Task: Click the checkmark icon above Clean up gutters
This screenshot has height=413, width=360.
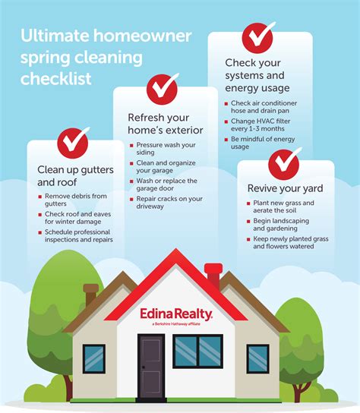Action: coord(72,143)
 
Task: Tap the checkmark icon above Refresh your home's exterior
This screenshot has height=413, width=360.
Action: coord(162,89)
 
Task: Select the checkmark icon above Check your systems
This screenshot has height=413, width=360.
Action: coord(257,38)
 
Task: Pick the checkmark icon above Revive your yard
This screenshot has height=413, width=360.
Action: coord(283,164)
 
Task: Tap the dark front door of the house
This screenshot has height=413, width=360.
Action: coord(151,366)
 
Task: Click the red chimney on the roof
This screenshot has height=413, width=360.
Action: coord(213,275)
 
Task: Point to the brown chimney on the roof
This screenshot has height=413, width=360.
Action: coord(90,295)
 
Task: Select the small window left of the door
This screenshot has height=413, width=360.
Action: coord(94,358)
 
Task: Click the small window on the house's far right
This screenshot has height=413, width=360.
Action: coord(257,358)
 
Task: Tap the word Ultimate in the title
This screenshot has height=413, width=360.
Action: coord(55,36)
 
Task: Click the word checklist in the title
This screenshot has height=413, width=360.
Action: coord(56,78)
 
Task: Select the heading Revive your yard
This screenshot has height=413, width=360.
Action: coord(285,188)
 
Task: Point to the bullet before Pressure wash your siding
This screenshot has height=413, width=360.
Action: coord(131,146)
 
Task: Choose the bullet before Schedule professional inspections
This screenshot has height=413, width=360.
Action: coord(40,232)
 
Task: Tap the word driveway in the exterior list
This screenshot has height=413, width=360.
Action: coord(150,206)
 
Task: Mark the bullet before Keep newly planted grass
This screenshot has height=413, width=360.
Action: coord(248,239)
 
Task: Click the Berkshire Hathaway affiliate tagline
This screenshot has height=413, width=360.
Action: coord(176,323)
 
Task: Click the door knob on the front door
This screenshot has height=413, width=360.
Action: coord(144,367)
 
